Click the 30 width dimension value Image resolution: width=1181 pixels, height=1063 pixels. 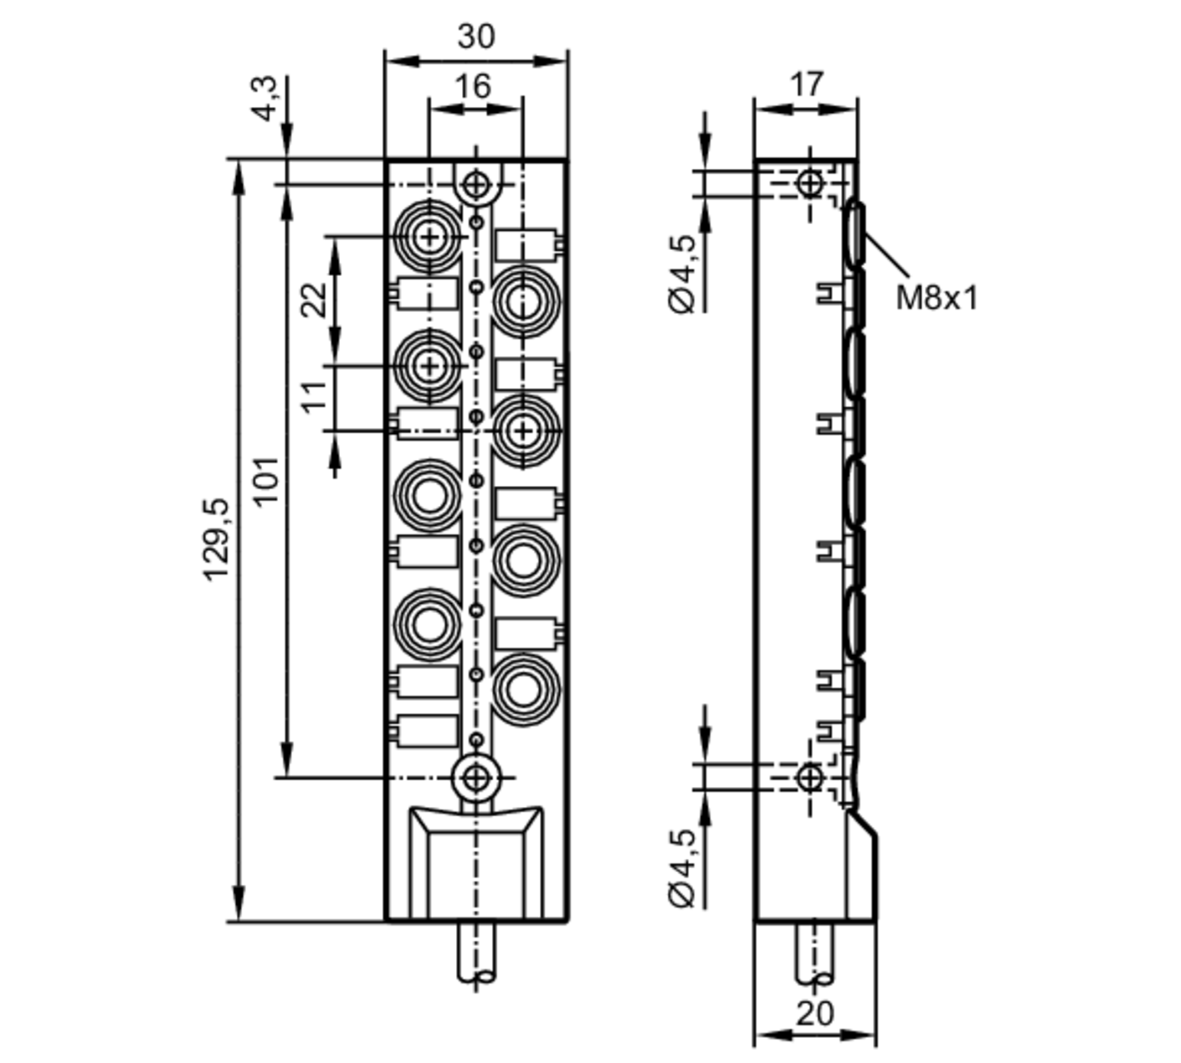click(x=476, y=37)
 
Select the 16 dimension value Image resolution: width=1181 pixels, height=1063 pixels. click(x=474, y=86)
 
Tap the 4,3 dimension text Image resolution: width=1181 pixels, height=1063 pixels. click(x=266, y=99)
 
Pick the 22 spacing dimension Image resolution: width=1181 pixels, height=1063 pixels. click(x=314, y=300)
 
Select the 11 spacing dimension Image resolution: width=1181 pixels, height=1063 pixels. click(x=314, y=397)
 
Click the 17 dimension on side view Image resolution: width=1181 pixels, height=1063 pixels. click(x=806, y=84)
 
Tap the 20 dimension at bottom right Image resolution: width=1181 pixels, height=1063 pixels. click(x=815, y=1013)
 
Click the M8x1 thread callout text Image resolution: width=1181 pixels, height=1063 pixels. click(x=937, y=297)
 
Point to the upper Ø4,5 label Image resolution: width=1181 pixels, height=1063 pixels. click(x=682, y=274)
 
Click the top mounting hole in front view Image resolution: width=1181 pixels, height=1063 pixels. click(x=476, y=185)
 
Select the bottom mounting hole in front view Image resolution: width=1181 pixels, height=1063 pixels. click(x=476, y=778)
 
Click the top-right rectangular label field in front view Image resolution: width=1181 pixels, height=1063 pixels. click(x=526, y=244)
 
